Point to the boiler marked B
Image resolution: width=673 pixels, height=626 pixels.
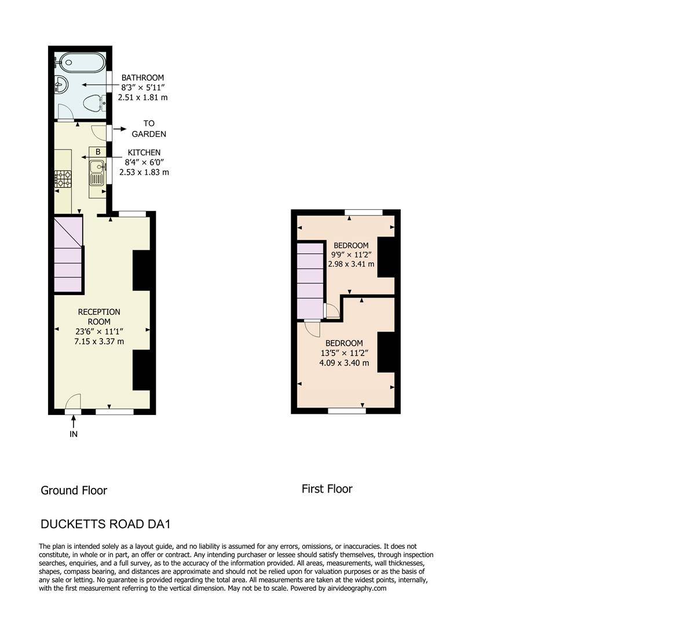click(x=98, y=152)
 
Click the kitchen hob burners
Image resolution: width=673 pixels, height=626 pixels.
click(x=63, y=179)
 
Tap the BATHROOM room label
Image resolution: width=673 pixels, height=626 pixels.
click(x=142, y=78)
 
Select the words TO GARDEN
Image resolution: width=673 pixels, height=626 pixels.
click(x=149, y=129)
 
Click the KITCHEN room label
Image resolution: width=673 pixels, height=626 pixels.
click(x=144, y=152)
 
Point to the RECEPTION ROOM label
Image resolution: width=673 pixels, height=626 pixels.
click(x=99, y=316)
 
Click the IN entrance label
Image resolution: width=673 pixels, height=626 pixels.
click(x=74, y=434)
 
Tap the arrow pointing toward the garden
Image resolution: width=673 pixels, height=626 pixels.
click(x=120, y=129)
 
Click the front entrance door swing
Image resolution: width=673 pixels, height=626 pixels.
click(x=73, y=401)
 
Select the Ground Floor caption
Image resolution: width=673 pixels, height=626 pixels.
click(x=74, y=490)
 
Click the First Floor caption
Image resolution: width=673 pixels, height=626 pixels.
click(x=327, y=489)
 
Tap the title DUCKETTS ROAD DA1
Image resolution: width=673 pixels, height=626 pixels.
click(x=105, y=524)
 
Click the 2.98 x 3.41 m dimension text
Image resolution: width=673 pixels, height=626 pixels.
click(x=351, y=264)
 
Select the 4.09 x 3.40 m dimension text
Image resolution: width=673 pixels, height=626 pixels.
click(x=344, y=363)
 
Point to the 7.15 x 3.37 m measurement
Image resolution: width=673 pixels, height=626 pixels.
click(x=99, y=341)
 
